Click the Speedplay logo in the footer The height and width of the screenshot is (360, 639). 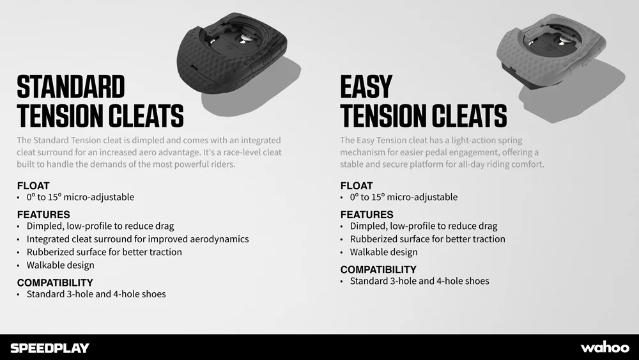(x=50, y=348)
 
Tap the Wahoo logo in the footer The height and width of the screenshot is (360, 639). (x=604, y=347)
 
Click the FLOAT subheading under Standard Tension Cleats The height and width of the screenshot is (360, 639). (x=33, y=185)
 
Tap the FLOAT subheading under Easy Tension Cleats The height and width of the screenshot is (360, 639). (x=357, y=185)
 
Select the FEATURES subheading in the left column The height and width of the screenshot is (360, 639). (x=43, y=214)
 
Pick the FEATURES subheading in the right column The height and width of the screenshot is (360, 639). (x=367, y=214)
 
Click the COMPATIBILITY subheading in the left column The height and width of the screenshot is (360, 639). (x=55, y=282)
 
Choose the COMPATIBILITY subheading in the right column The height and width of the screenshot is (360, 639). (x=378, y=269)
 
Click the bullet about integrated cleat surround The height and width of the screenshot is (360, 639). (x=137, y=239)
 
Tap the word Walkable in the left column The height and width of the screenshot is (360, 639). (x=44, y=265)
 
